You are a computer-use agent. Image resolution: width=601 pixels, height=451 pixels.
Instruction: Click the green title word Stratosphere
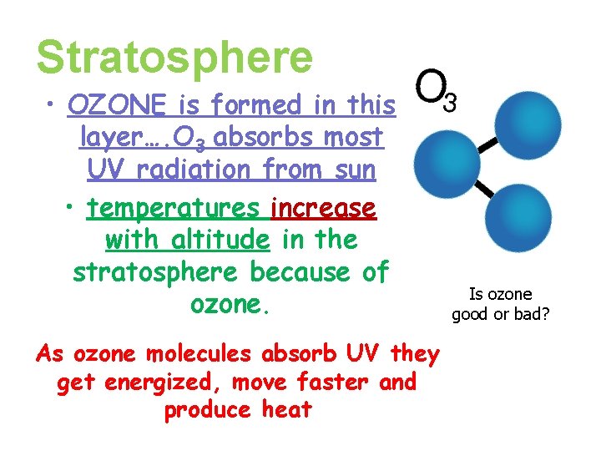(174, 57)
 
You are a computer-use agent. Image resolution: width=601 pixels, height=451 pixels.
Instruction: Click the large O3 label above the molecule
(435, 90)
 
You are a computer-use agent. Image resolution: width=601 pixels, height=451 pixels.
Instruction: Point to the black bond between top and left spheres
(489, 145)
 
